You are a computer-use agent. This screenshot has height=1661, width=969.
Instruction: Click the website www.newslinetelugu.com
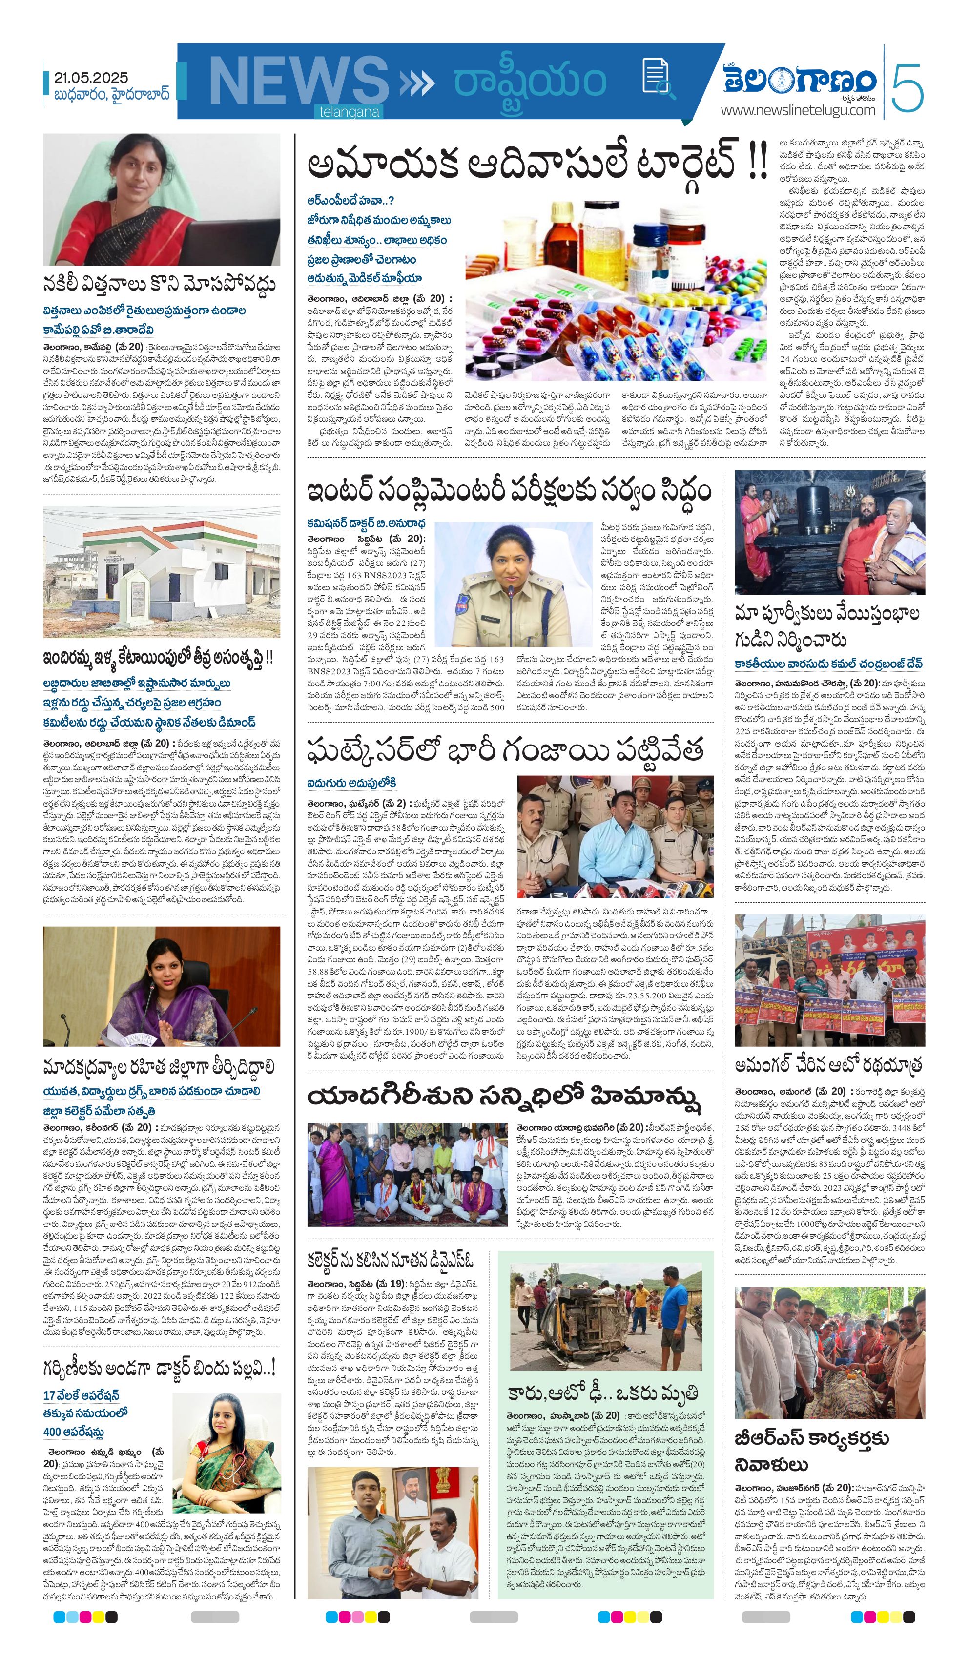coord(798,110)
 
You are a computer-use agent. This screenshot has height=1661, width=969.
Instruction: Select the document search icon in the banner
coord(657,78)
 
